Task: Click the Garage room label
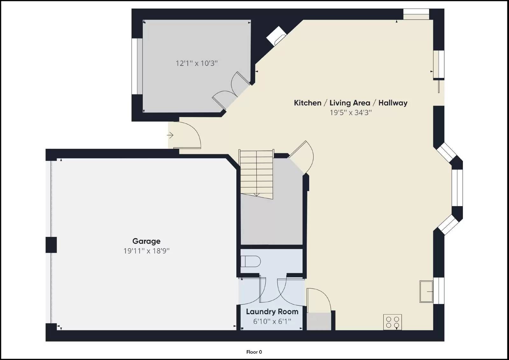(x=146, y=241)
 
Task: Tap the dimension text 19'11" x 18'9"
(x=146, y=251)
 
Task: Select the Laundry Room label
(x=272, y=312)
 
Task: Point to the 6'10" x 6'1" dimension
(x=272, y=322)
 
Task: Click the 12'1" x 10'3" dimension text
(x=197, y=63)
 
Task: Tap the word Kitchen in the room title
(x=307, y=103)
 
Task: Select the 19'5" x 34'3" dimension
(x=351, y=113)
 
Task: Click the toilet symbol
(x=250, y=262)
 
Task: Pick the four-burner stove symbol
(x=392, y=322)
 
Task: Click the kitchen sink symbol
(x=426, y=291)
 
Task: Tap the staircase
(x=256, y=174)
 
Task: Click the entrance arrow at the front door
(x=170, y=135)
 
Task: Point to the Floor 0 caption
(x=254, y=352)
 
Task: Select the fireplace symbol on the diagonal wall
(x=276, y=36)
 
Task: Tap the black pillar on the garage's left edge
(x=51, y=245)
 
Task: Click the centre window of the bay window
(x=457, y=188)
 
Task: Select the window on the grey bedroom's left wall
(x=137, y=66)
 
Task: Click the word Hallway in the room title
(x=393, y=103)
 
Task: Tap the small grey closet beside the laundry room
(x=319, y=321)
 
